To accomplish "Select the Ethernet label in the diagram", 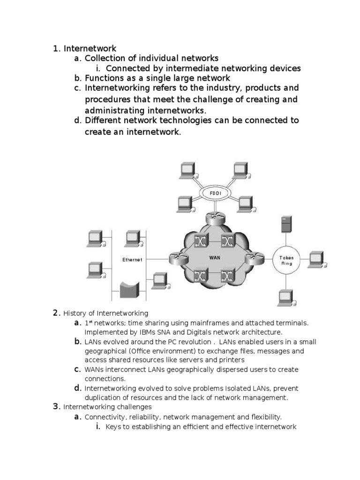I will point(132,260).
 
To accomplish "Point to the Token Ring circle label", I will point(286,260).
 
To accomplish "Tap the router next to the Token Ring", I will point(252,257).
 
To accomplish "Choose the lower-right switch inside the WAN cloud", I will point(229,276).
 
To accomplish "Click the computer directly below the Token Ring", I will point(285,297).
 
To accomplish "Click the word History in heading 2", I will point(74,313).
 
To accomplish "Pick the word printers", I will point(232,360).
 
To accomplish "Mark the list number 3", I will point(55,406).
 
